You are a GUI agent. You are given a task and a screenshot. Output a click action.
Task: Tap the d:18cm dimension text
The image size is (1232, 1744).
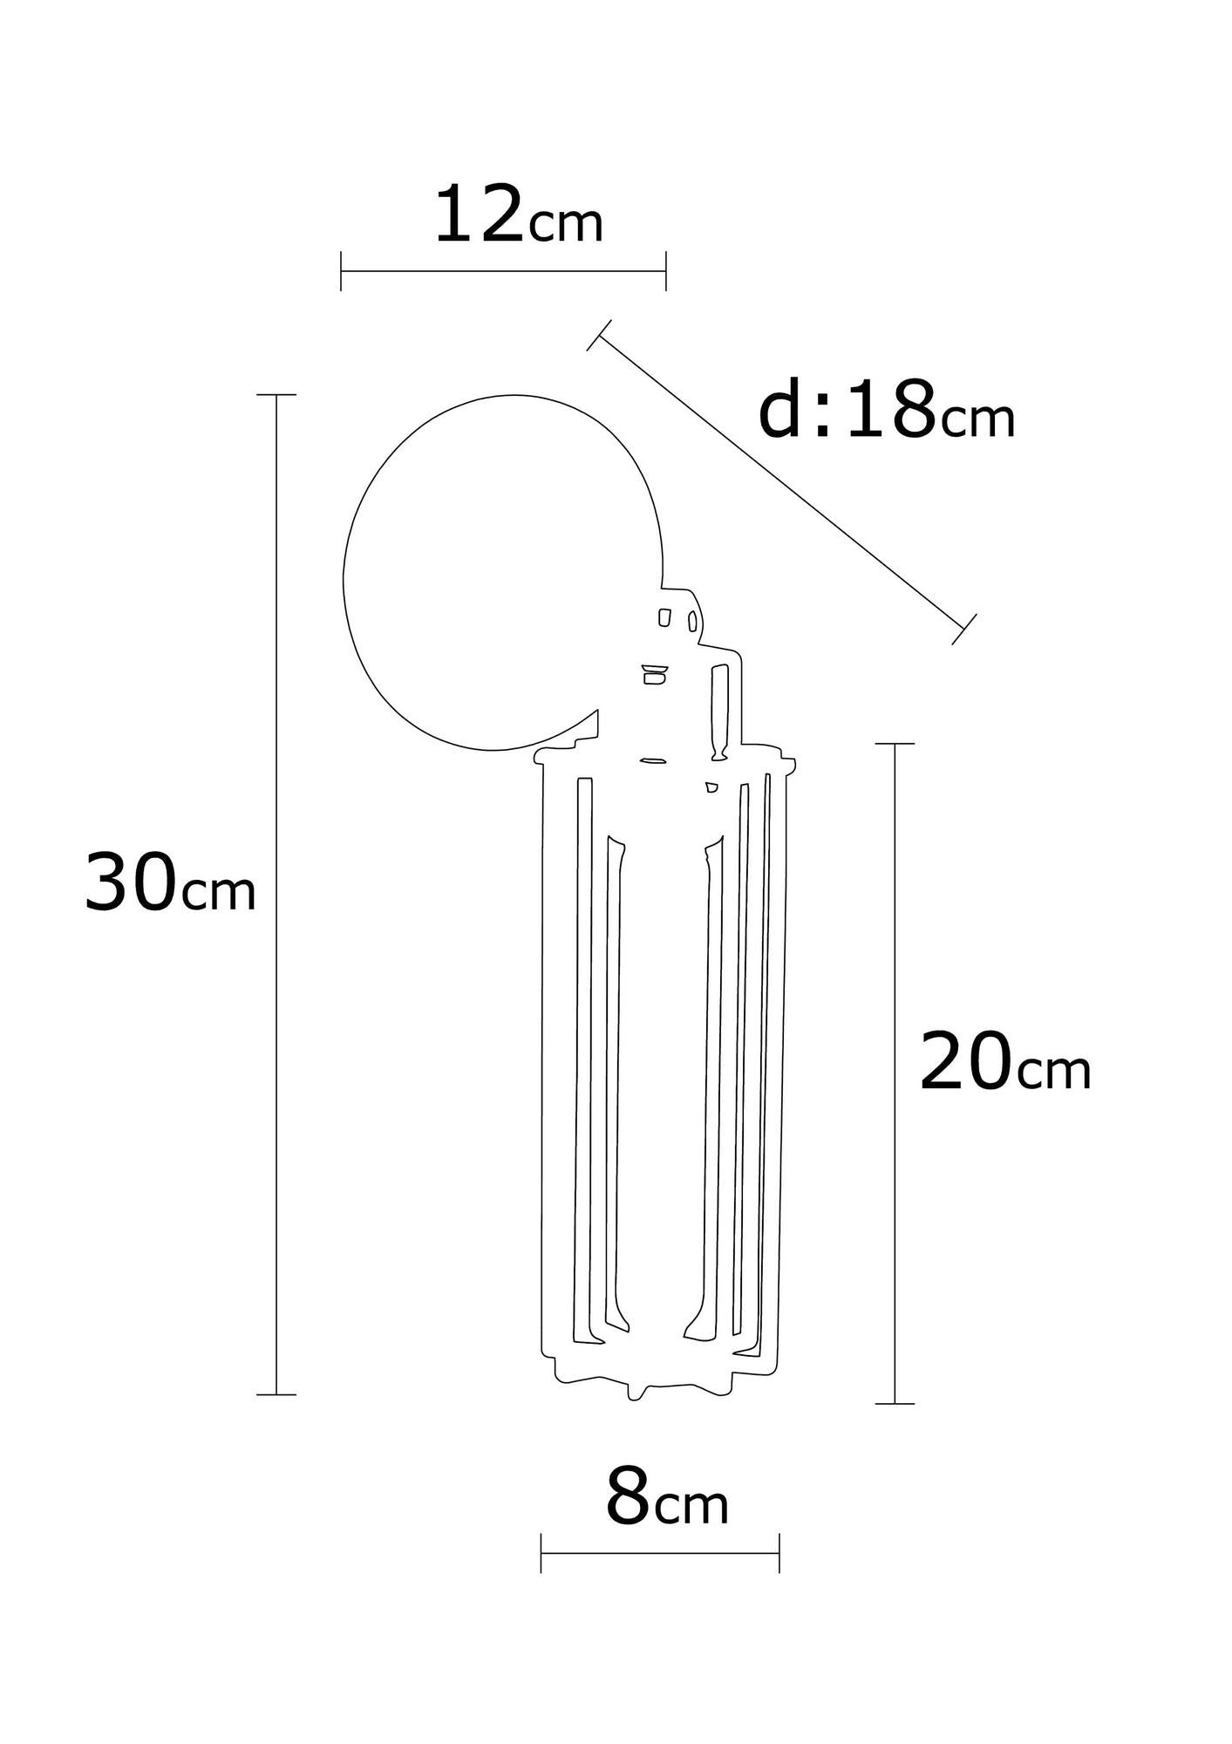point(887,409)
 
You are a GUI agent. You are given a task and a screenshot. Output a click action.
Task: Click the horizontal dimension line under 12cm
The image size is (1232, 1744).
point(503,271)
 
